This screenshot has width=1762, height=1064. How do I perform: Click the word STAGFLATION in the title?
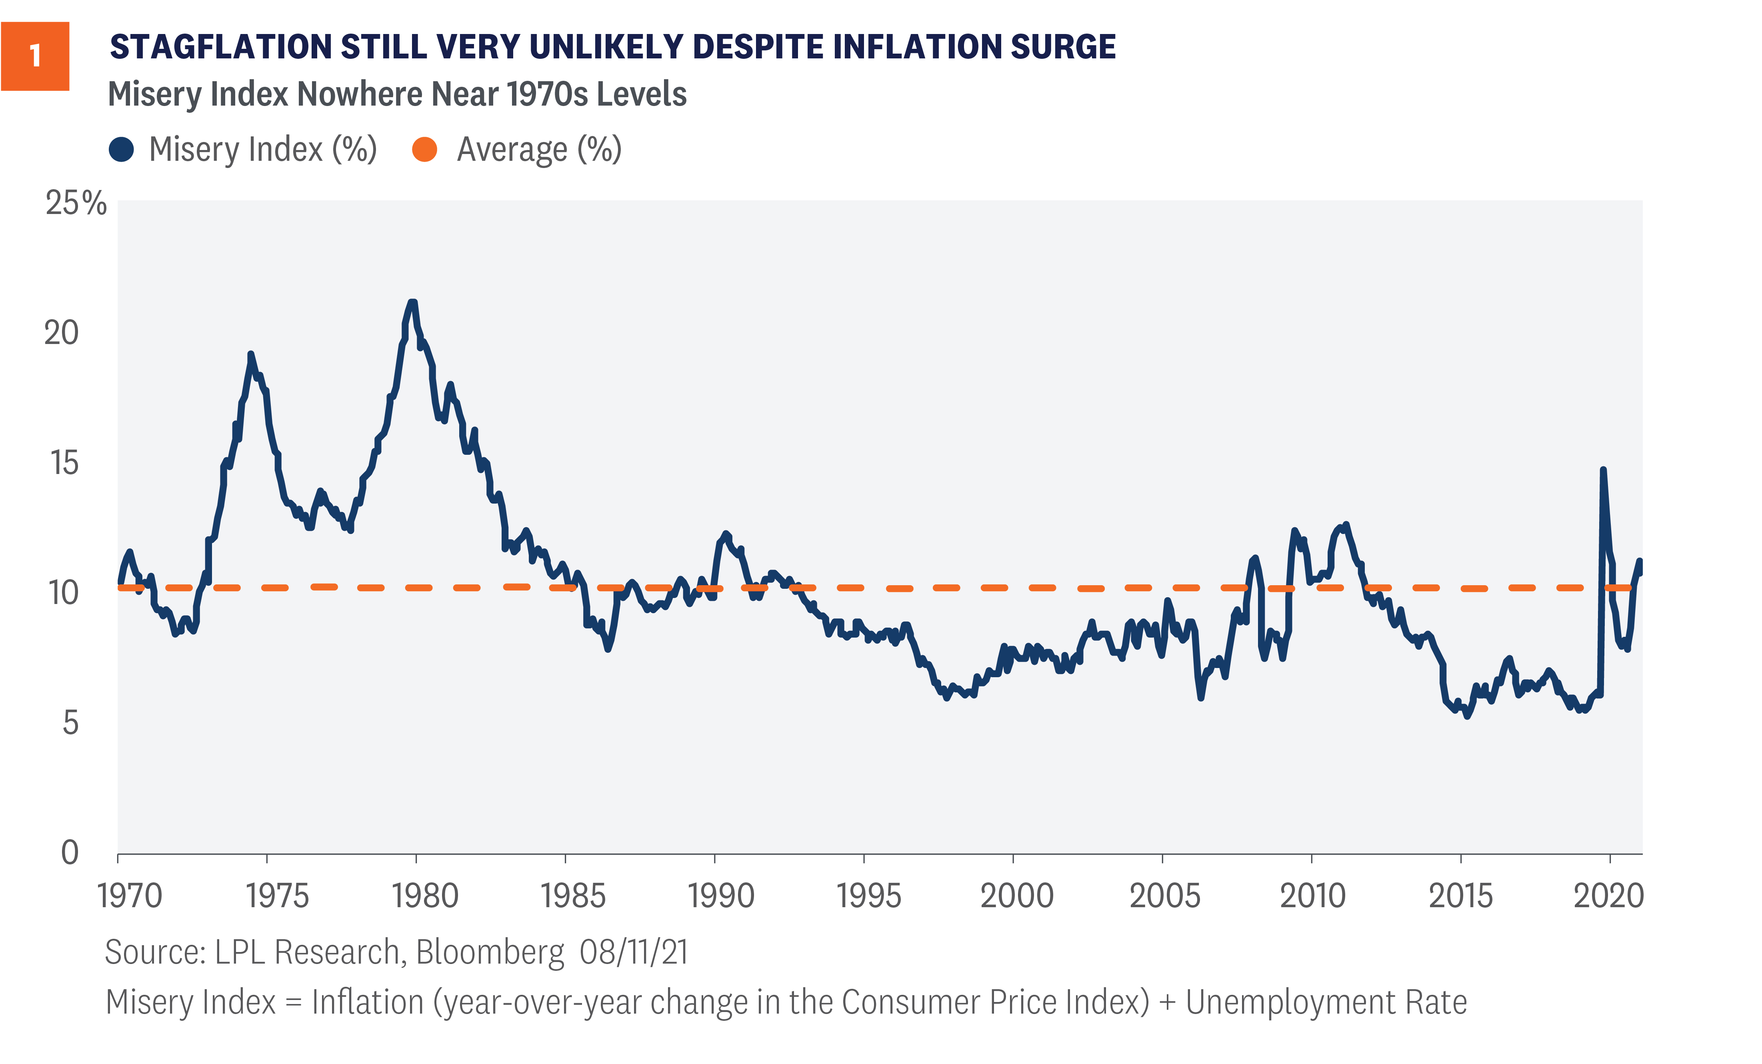(220, 47)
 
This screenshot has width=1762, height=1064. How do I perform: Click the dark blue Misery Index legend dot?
(122, 150)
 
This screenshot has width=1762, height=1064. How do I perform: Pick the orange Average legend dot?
(425, 150)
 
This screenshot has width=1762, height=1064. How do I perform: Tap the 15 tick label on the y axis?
(64, 463)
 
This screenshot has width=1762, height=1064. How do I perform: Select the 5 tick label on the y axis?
(70, 723)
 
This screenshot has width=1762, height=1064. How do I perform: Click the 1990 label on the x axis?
(721, 896)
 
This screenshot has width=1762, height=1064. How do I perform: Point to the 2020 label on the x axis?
(1609, 896)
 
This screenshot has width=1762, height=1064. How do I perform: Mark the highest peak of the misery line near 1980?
(412, 302)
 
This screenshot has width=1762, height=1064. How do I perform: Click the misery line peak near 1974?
(250, 354)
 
